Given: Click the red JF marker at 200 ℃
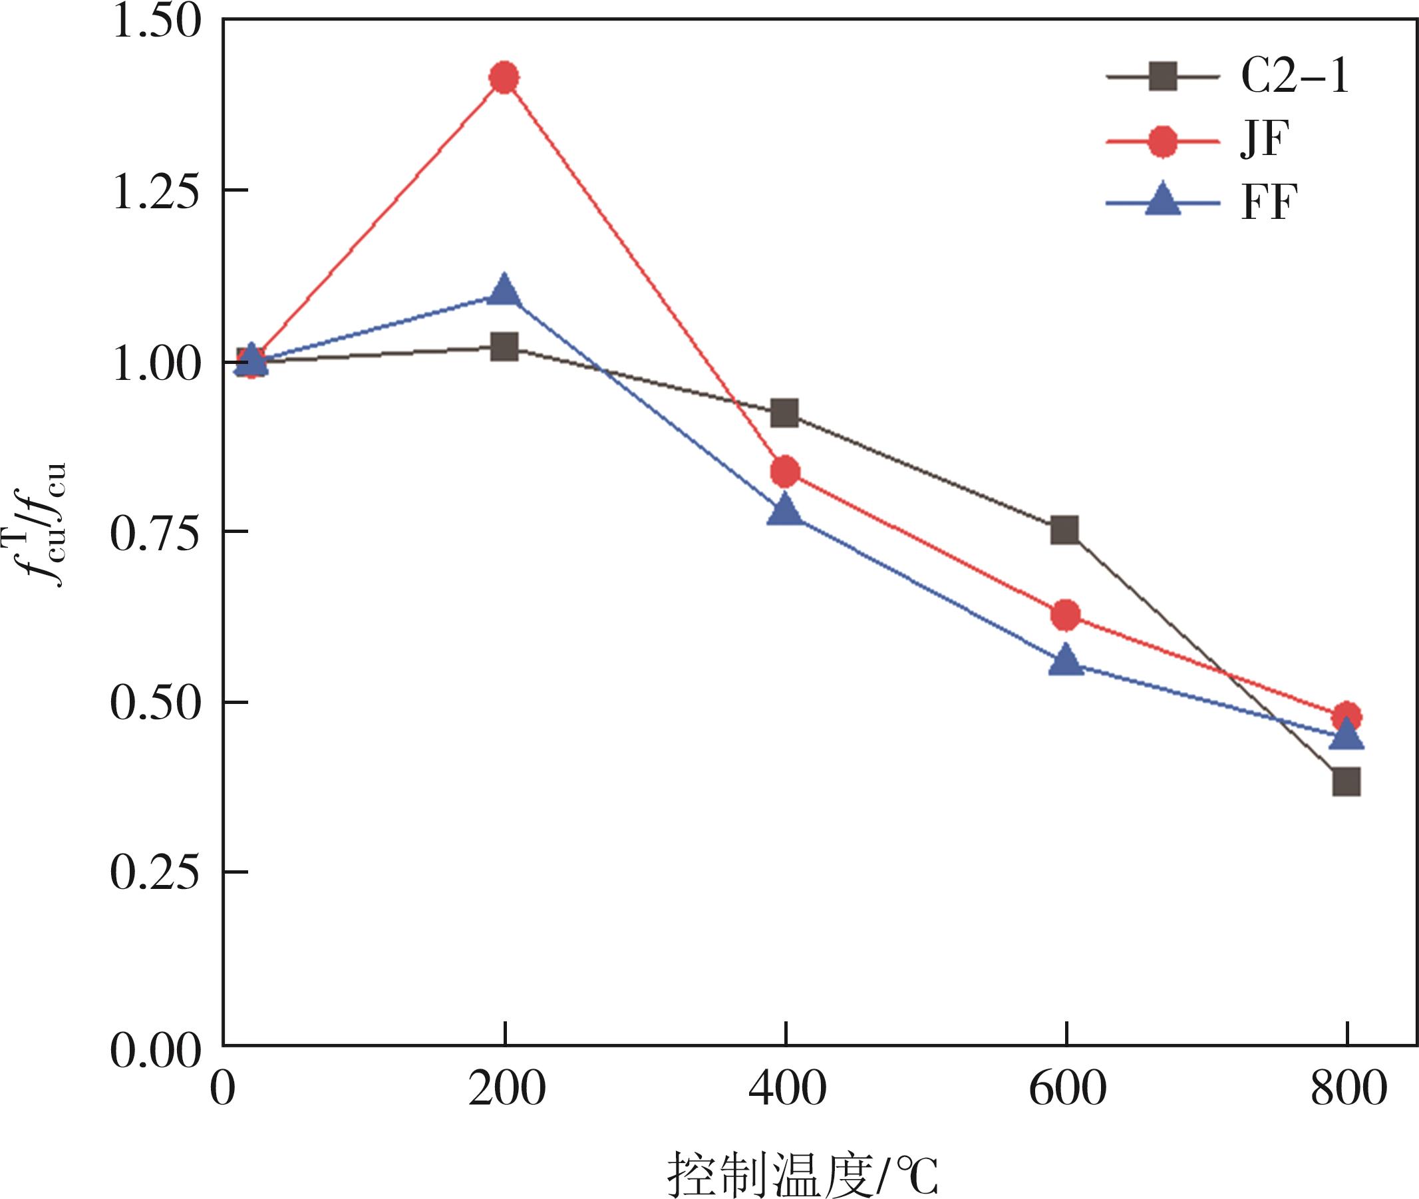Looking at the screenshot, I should [x=504, y=77].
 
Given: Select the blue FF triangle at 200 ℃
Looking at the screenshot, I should [x=504, y=291].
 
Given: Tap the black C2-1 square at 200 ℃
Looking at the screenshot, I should [x=504, y=347].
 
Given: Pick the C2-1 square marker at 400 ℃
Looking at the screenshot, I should [x=785, y=412].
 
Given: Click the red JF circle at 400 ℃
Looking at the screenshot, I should [x=785, y=471].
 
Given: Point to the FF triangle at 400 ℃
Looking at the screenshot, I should [x=785, y=511].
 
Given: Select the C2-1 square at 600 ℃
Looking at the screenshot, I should [x=1065, y=530].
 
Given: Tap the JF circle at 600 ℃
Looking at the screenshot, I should [x=1065, y=614].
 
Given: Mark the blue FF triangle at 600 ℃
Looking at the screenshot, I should [x=1065, y=661].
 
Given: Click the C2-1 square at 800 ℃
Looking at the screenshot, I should [x=1346, y=782].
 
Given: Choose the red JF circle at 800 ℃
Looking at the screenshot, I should [x=1346, y=717].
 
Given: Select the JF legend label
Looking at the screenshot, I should [x=1265, y=140].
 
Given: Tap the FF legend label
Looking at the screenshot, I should [x=1269, y=202].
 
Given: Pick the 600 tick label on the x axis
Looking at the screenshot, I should [x=1067, y=1089].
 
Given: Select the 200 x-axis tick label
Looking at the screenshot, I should [x=506, y=1089].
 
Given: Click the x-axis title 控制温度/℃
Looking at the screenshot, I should [x=802, y=1174].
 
